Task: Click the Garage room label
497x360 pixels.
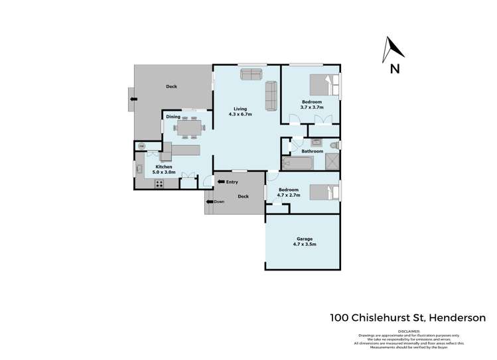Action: coord(304,241)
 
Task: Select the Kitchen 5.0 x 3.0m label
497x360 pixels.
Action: coord(164,169)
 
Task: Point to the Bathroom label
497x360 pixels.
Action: coord(312,151)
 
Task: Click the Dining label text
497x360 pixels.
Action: coord(173,117)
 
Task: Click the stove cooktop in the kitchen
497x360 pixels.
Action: coord(159,184)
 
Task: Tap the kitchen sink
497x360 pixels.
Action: coord(140,169)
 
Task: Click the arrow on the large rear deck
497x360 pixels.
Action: coord(133,99)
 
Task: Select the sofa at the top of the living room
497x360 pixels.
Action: coord(251,75)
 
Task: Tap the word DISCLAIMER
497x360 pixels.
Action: coord(409,331)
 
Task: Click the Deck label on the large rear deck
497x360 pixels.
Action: coord(172,87)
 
